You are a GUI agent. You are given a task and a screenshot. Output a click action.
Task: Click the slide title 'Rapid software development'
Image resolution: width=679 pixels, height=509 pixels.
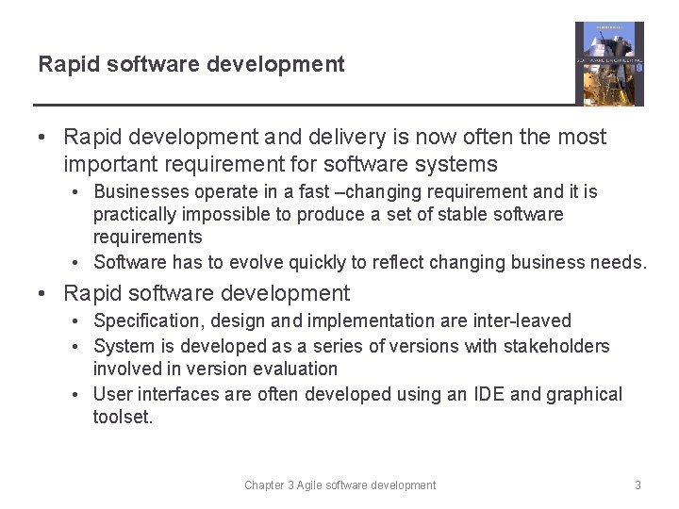[191, 64]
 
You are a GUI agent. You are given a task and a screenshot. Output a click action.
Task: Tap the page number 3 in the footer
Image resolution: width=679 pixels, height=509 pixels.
[638, 485]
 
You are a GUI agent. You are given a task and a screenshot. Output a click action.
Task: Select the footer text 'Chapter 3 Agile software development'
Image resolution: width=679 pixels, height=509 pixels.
[339, 485]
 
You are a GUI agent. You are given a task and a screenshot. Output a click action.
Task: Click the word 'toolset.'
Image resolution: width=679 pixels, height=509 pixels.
[123, 417]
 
